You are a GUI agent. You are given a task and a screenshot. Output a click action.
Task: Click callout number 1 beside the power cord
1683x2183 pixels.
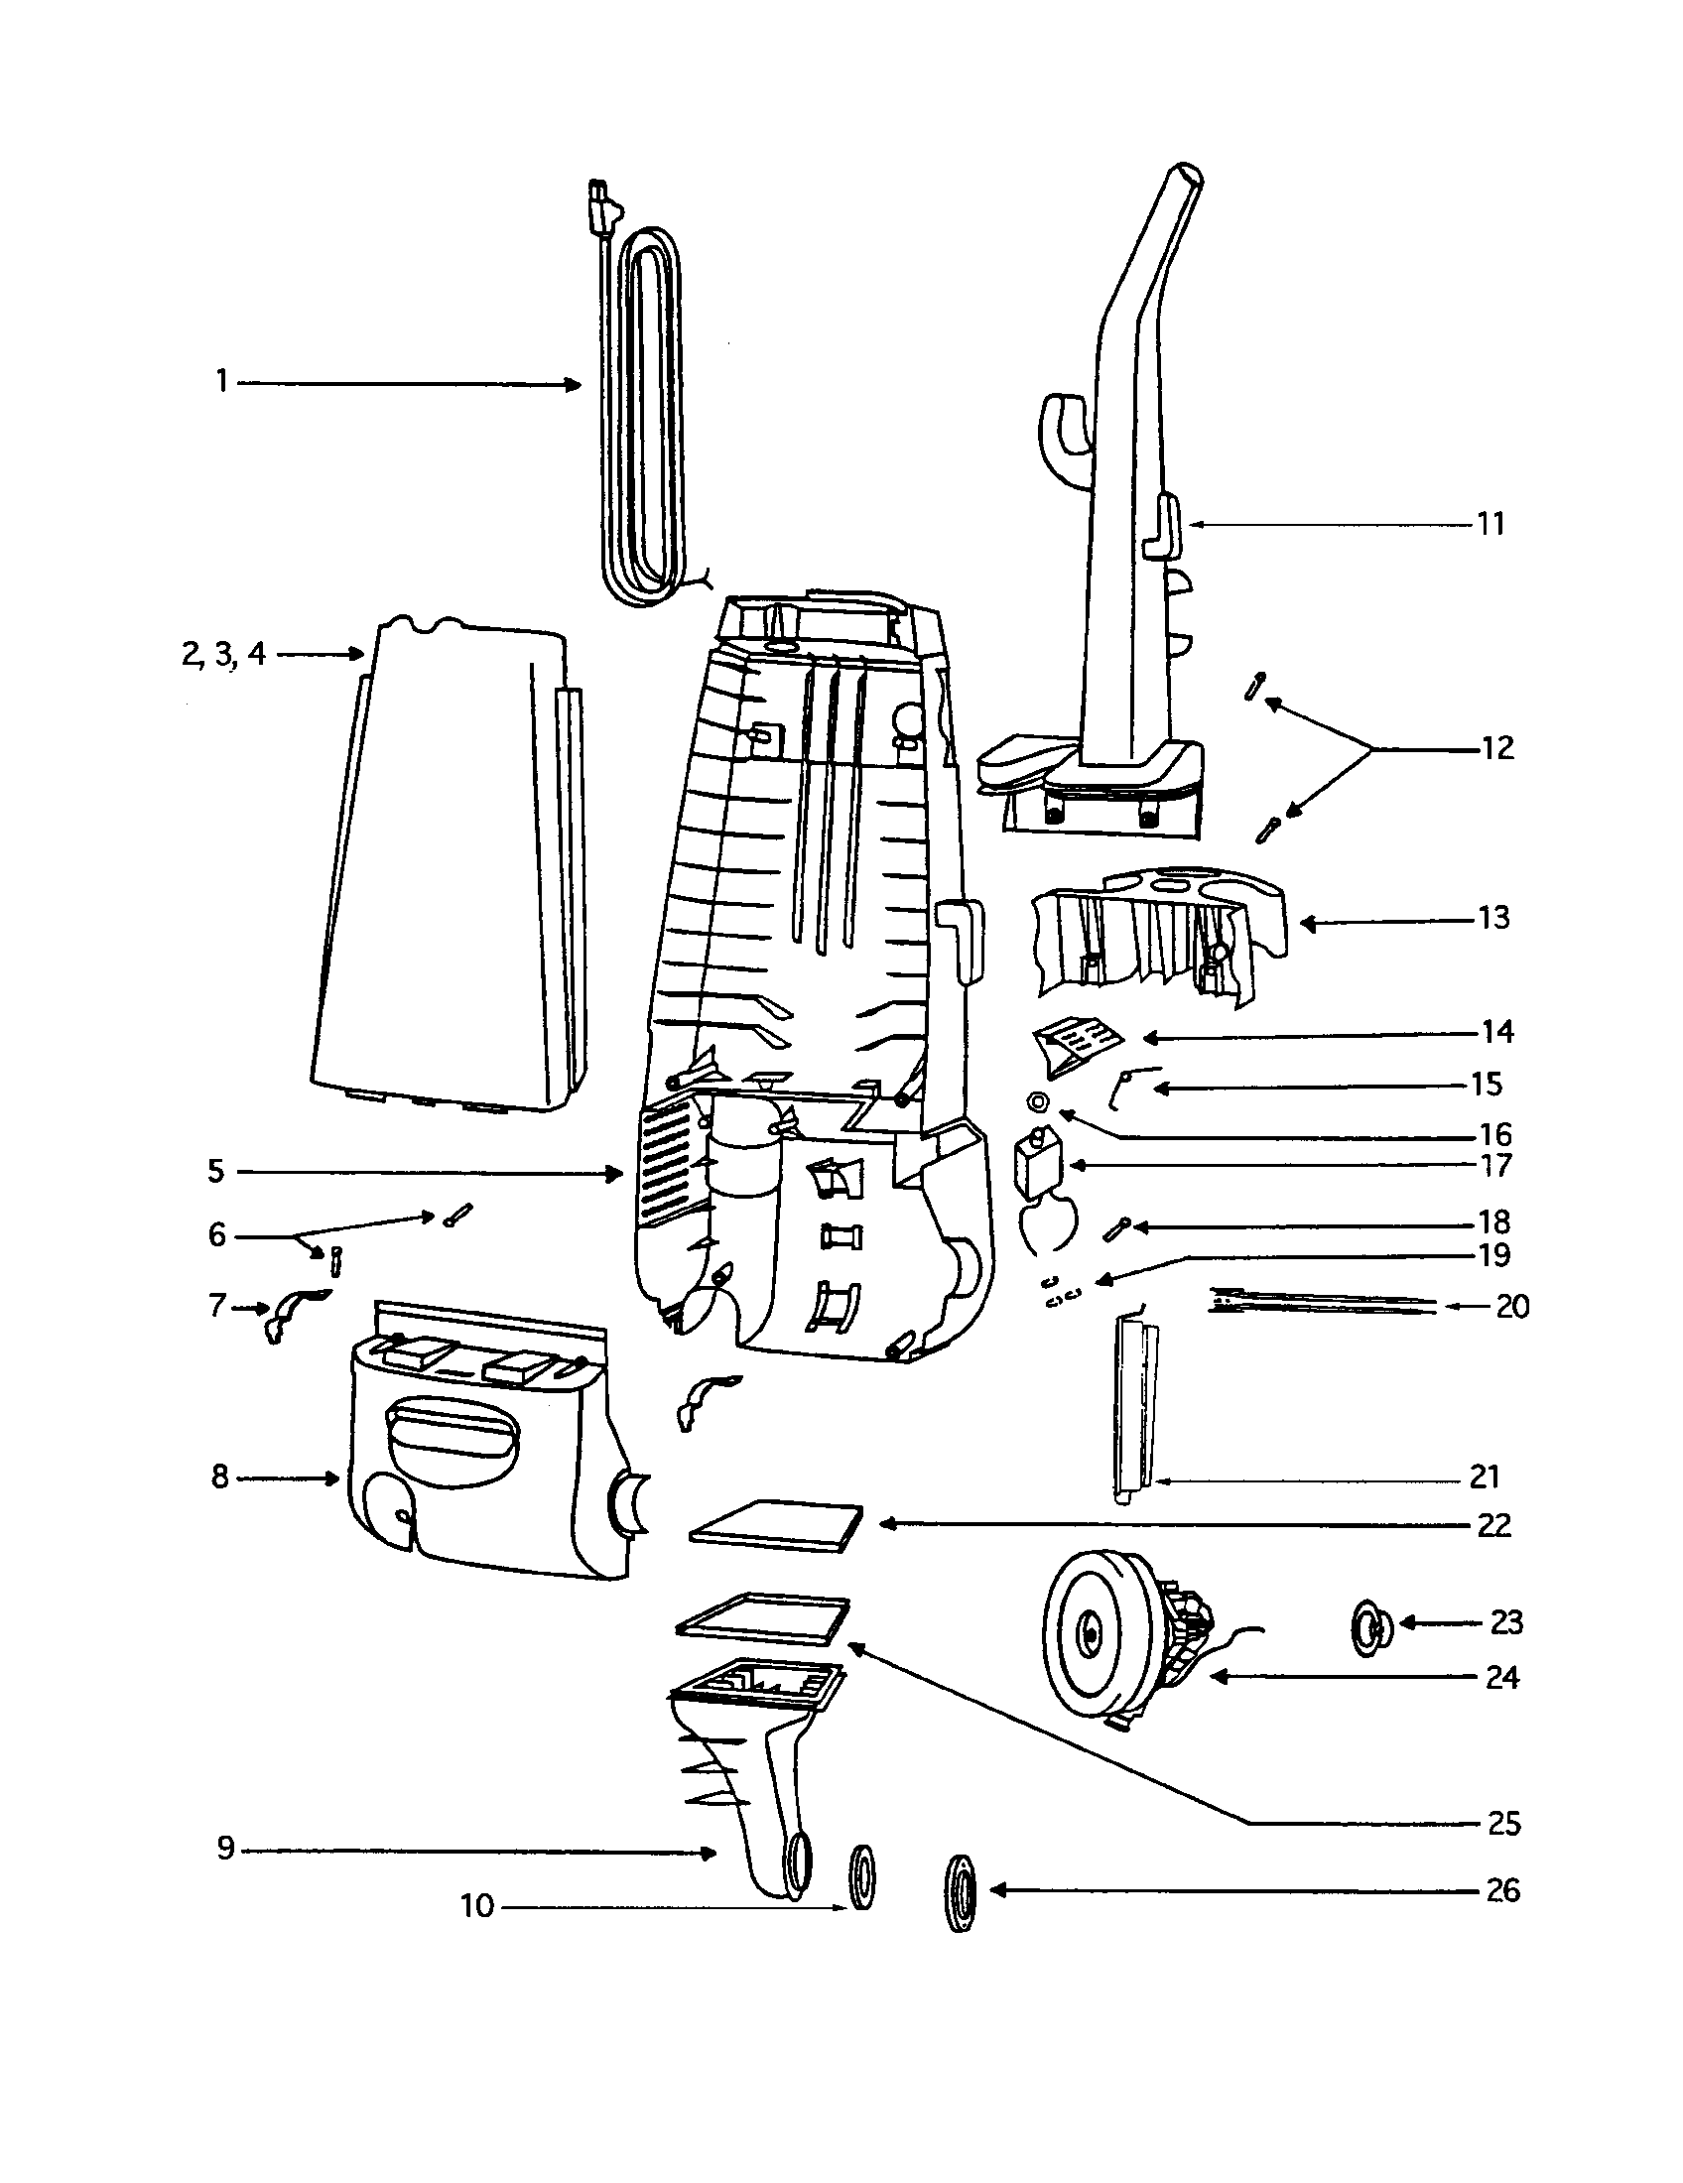(x=222, y=382)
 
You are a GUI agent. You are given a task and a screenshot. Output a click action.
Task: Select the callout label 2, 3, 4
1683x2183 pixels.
(x=225, y=654)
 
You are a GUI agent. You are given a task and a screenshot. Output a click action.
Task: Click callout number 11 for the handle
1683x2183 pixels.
(x=1490, y=524)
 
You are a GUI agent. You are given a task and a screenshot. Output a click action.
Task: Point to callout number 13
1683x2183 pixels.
(x=1493, y=918)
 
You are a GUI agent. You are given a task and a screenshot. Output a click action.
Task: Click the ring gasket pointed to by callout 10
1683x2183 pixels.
(x=861, y=1876)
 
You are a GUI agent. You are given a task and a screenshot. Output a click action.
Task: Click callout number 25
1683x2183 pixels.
(x=1503, y=1824)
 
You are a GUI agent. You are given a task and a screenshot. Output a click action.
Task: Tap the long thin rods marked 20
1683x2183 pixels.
(x=1319, y=1302)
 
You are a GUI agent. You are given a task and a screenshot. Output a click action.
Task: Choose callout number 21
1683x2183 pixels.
(x=1486, y=1477)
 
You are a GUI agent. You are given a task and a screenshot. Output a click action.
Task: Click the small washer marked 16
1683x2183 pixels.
(x=1037, y=1100)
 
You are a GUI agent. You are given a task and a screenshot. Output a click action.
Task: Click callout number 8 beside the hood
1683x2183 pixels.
(x=220, y=1477)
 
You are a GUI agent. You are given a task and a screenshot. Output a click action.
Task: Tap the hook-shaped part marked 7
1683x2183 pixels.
(x=291, y=1313)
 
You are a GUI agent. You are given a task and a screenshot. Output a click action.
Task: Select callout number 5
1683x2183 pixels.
(x=216, y=1172)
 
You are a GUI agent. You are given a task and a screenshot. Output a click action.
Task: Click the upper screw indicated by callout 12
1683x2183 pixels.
(x=1254, y=687)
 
